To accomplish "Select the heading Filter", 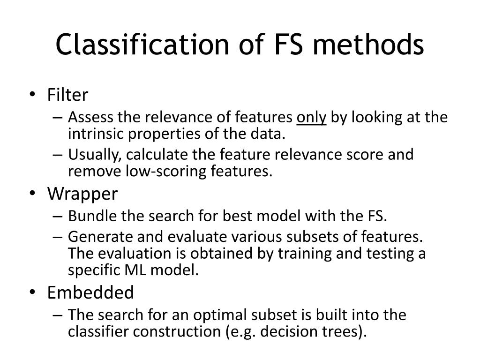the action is point(67,95).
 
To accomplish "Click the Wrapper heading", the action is point(82,194).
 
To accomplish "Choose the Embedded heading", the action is point(90,293).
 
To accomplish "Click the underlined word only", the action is point(312,117).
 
